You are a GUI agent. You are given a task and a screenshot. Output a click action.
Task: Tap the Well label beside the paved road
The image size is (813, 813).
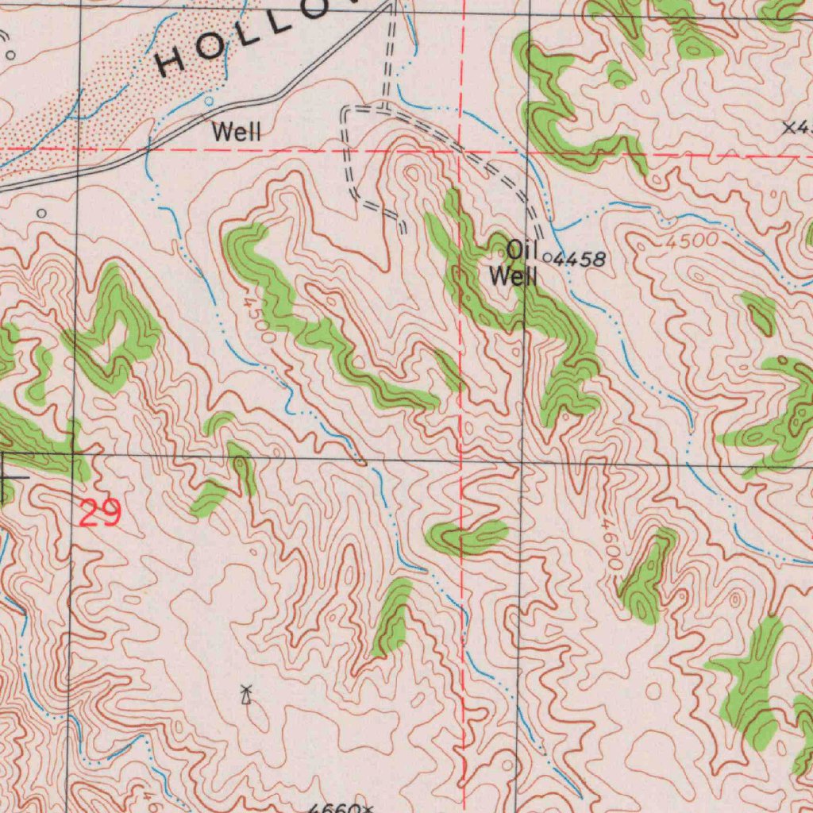point(236,132)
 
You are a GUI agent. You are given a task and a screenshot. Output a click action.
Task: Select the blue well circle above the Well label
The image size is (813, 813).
point(209,102)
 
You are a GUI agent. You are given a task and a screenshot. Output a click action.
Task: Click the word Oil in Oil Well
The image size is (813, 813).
point(518,250)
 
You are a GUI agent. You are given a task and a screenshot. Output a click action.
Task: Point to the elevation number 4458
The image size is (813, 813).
point(580,259)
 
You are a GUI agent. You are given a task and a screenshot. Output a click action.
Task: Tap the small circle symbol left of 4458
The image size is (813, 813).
point(548,257)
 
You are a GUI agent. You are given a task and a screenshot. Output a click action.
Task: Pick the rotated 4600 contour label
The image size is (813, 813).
point(612,545)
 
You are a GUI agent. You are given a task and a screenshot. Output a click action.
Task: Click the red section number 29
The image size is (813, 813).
point(100,514)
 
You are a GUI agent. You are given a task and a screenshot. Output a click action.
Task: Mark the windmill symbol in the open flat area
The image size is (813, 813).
point(246,695)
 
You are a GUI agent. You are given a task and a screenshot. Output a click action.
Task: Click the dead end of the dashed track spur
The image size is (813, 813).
point(403,231)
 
